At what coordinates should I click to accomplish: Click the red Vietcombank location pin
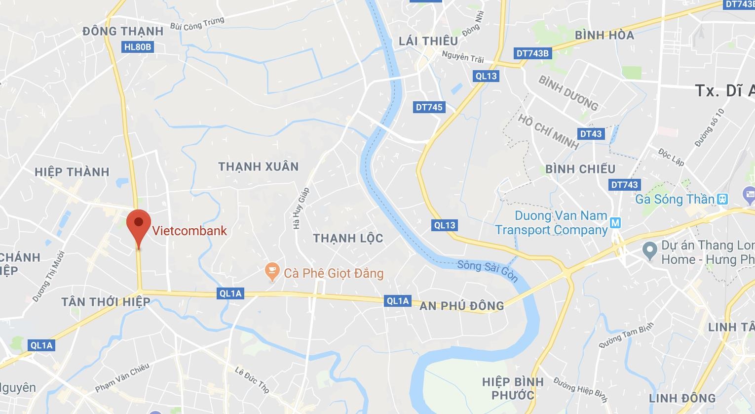tap(138, 226)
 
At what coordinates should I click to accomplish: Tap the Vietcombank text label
tap(189, 231)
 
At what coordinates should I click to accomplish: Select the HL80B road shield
tap(138, 47)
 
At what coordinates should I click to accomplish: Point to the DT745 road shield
tap(429, 107)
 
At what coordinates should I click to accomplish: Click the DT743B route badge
tap(532, 53)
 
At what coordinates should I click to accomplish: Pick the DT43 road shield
tap(591, 133)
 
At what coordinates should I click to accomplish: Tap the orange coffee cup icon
tap(271, 271)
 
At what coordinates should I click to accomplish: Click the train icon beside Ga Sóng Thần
tap(723, 199)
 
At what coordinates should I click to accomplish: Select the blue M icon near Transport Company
tap(615, 223)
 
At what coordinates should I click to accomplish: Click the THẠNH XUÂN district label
tap(259, 166)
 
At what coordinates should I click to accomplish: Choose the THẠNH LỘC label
tap(348, 239)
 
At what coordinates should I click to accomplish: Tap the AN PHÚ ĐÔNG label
tap(461, 306)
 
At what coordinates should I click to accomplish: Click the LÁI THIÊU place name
tap(428, 41)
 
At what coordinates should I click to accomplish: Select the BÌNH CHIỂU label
tap(580, 169)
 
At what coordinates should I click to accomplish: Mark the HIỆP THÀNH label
tap(72, 172)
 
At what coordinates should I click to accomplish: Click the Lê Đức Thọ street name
tap(252, 379)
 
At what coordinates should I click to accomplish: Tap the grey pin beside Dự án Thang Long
tap(650, 251)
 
